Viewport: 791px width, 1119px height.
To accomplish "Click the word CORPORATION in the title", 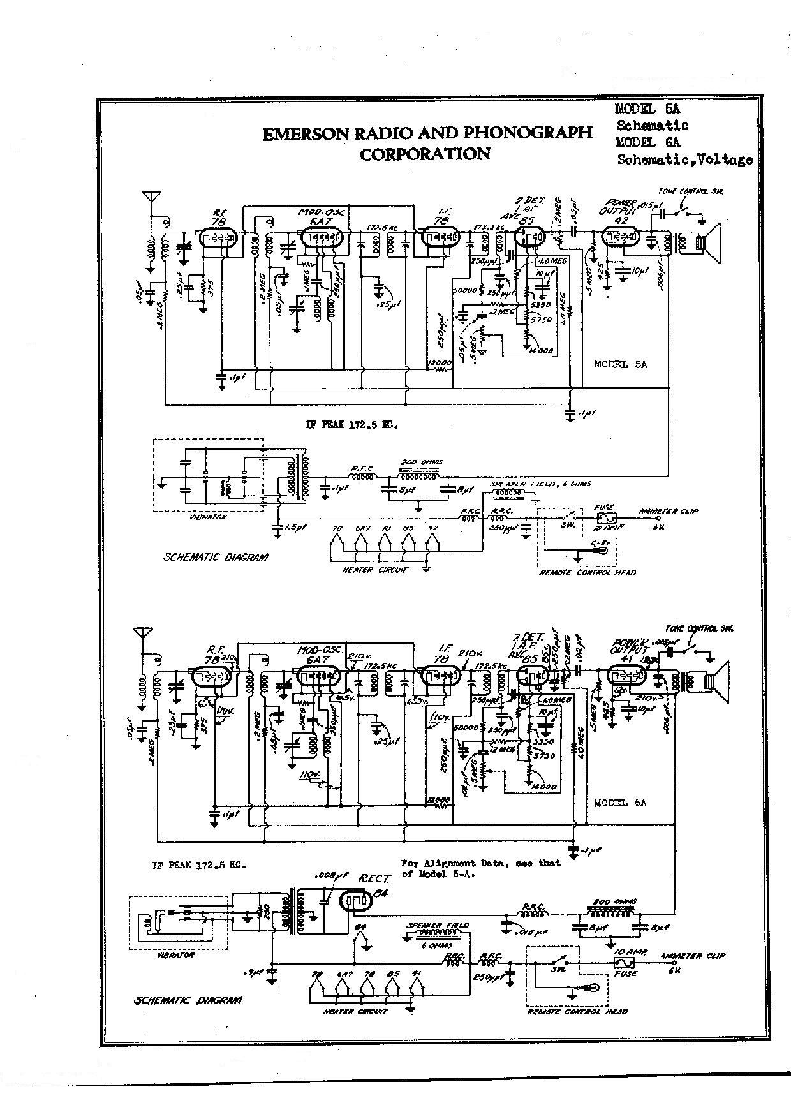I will [425, 154].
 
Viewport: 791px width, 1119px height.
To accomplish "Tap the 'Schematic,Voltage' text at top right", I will [684, 159].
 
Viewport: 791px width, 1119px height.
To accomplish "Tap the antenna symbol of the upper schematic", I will [152, 196].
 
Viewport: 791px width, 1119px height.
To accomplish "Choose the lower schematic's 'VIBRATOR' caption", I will [175, 955].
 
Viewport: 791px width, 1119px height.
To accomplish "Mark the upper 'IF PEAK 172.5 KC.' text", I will [351, 425].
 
